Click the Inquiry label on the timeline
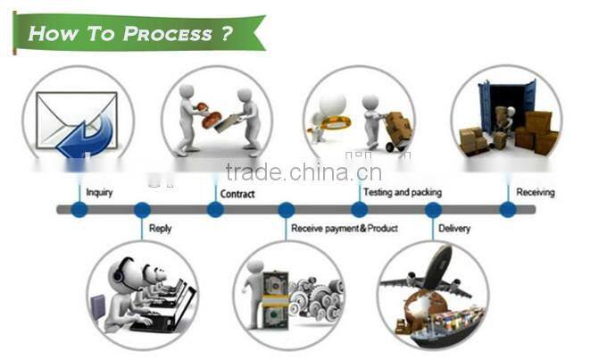(x=99, y=192)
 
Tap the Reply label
(x=160, y=228)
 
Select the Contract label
(x=237, y=194)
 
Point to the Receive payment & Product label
(x=345, y=228)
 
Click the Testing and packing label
(x=402, y=192)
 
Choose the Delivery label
(x=455, y=228)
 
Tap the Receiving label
(x=535, y=192)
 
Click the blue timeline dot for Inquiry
(x=79, y=210)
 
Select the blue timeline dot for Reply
(x=142, y=210)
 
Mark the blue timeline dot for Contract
(x=215, y=210)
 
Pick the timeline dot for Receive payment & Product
(x=287, y=210)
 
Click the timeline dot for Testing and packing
(x=359, y=210)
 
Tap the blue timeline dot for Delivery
(x=433, y=210)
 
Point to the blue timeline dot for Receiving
(x=508, y=210)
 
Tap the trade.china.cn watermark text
(x=303, y=172)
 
